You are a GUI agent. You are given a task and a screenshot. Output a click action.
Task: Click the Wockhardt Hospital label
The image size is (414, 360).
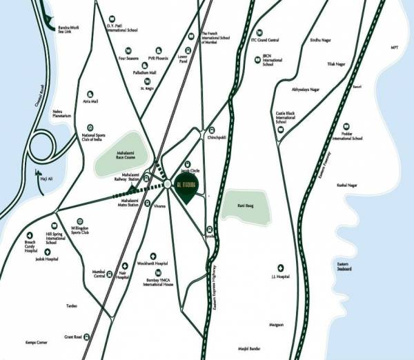click(152, 263)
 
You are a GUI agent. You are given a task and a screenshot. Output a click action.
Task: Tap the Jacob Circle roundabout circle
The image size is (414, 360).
click(168, 183)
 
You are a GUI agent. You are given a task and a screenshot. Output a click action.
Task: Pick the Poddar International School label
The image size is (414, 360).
click(347, 137)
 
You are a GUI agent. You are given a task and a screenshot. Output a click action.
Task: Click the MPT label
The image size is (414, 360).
click(394, 48)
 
